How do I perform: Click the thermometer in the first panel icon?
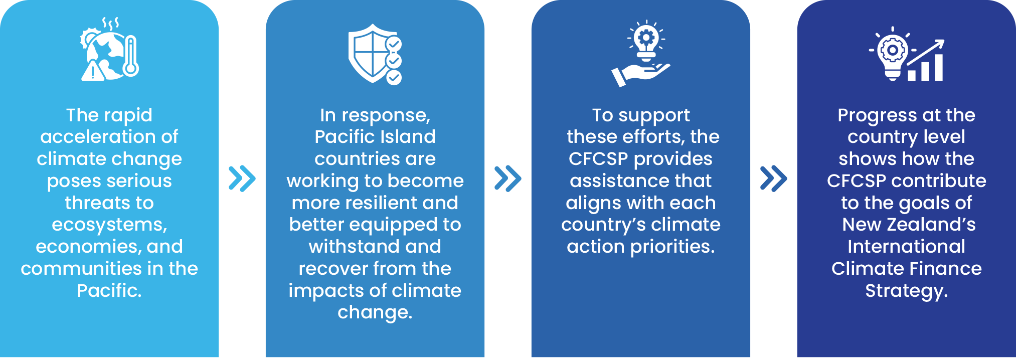pos(131,56)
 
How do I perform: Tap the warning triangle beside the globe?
pos(93,71)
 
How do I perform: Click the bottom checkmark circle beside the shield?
pos(394,77)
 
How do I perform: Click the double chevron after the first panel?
pos(242,178)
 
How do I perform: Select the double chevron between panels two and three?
pos(508,178)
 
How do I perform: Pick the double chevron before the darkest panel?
pos(774,178)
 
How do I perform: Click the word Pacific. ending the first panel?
pos(109,290)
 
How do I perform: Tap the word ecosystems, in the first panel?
pos(109,225)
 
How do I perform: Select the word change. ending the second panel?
pos(375,312)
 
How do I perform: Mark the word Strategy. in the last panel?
pos(907,291)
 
